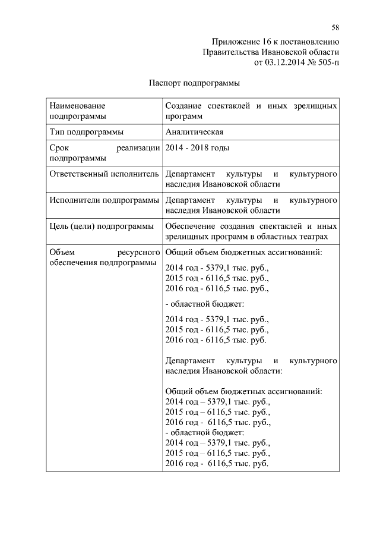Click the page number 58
[335, 27]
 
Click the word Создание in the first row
[185, 106]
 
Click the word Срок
[61, 148]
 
